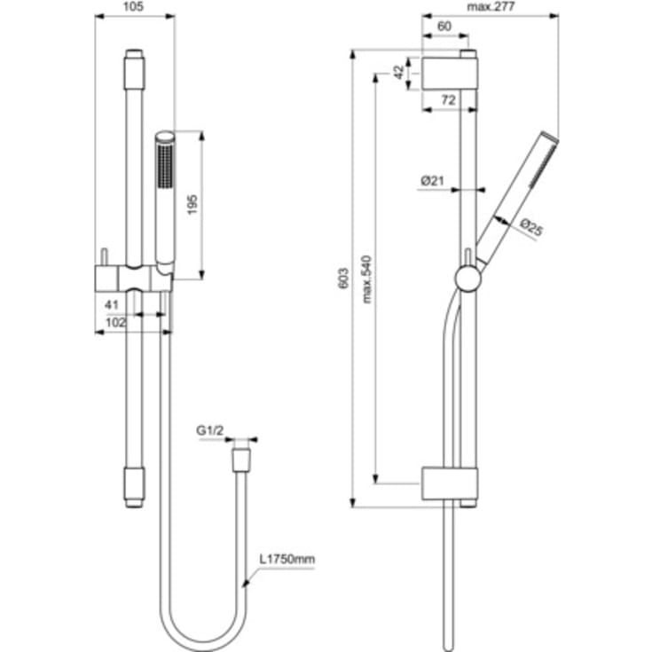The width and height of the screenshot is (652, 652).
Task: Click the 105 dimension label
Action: [x=133, y=7]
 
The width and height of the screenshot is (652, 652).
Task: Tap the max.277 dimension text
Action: [x=491, y=7]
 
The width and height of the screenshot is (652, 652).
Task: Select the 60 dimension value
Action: [x=444, y=27]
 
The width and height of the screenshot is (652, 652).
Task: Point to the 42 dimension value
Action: [x=399, y=72]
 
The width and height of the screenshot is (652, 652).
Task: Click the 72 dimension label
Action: [x=448, y=100]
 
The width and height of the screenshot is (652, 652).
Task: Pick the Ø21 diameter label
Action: [x=432, y=181]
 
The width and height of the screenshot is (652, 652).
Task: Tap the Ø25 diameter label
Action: [x=531, y=227]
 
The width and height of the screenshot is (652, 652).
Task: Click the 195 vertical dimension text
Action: [x=192, y=204]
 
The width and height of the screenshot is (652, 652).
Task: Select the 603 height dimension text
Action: [x=344, y=279]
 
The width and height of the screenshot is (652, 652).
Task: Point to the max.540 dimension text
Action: [x=366, y=279]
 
